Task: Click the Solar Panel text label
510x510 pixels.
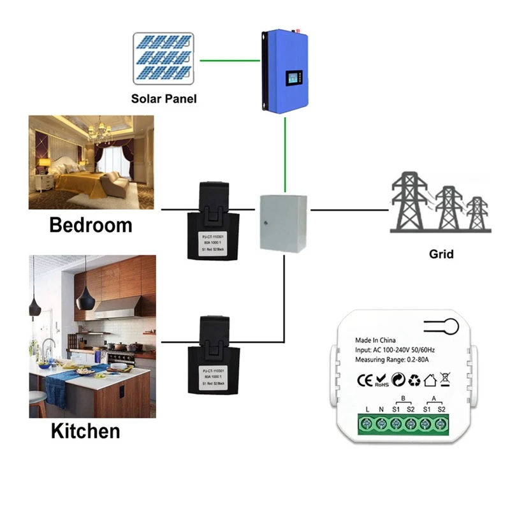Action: [x=164, y=99]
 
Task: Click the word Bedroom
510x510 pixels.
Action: [x=91, y=225]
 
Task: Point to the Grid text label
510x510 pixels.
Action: [x=441, y=254]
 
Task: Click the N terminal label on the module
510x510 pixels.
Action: [x=380, y=409]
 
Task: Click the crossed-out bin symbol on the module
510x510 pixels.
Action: [x=445, y=381]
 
